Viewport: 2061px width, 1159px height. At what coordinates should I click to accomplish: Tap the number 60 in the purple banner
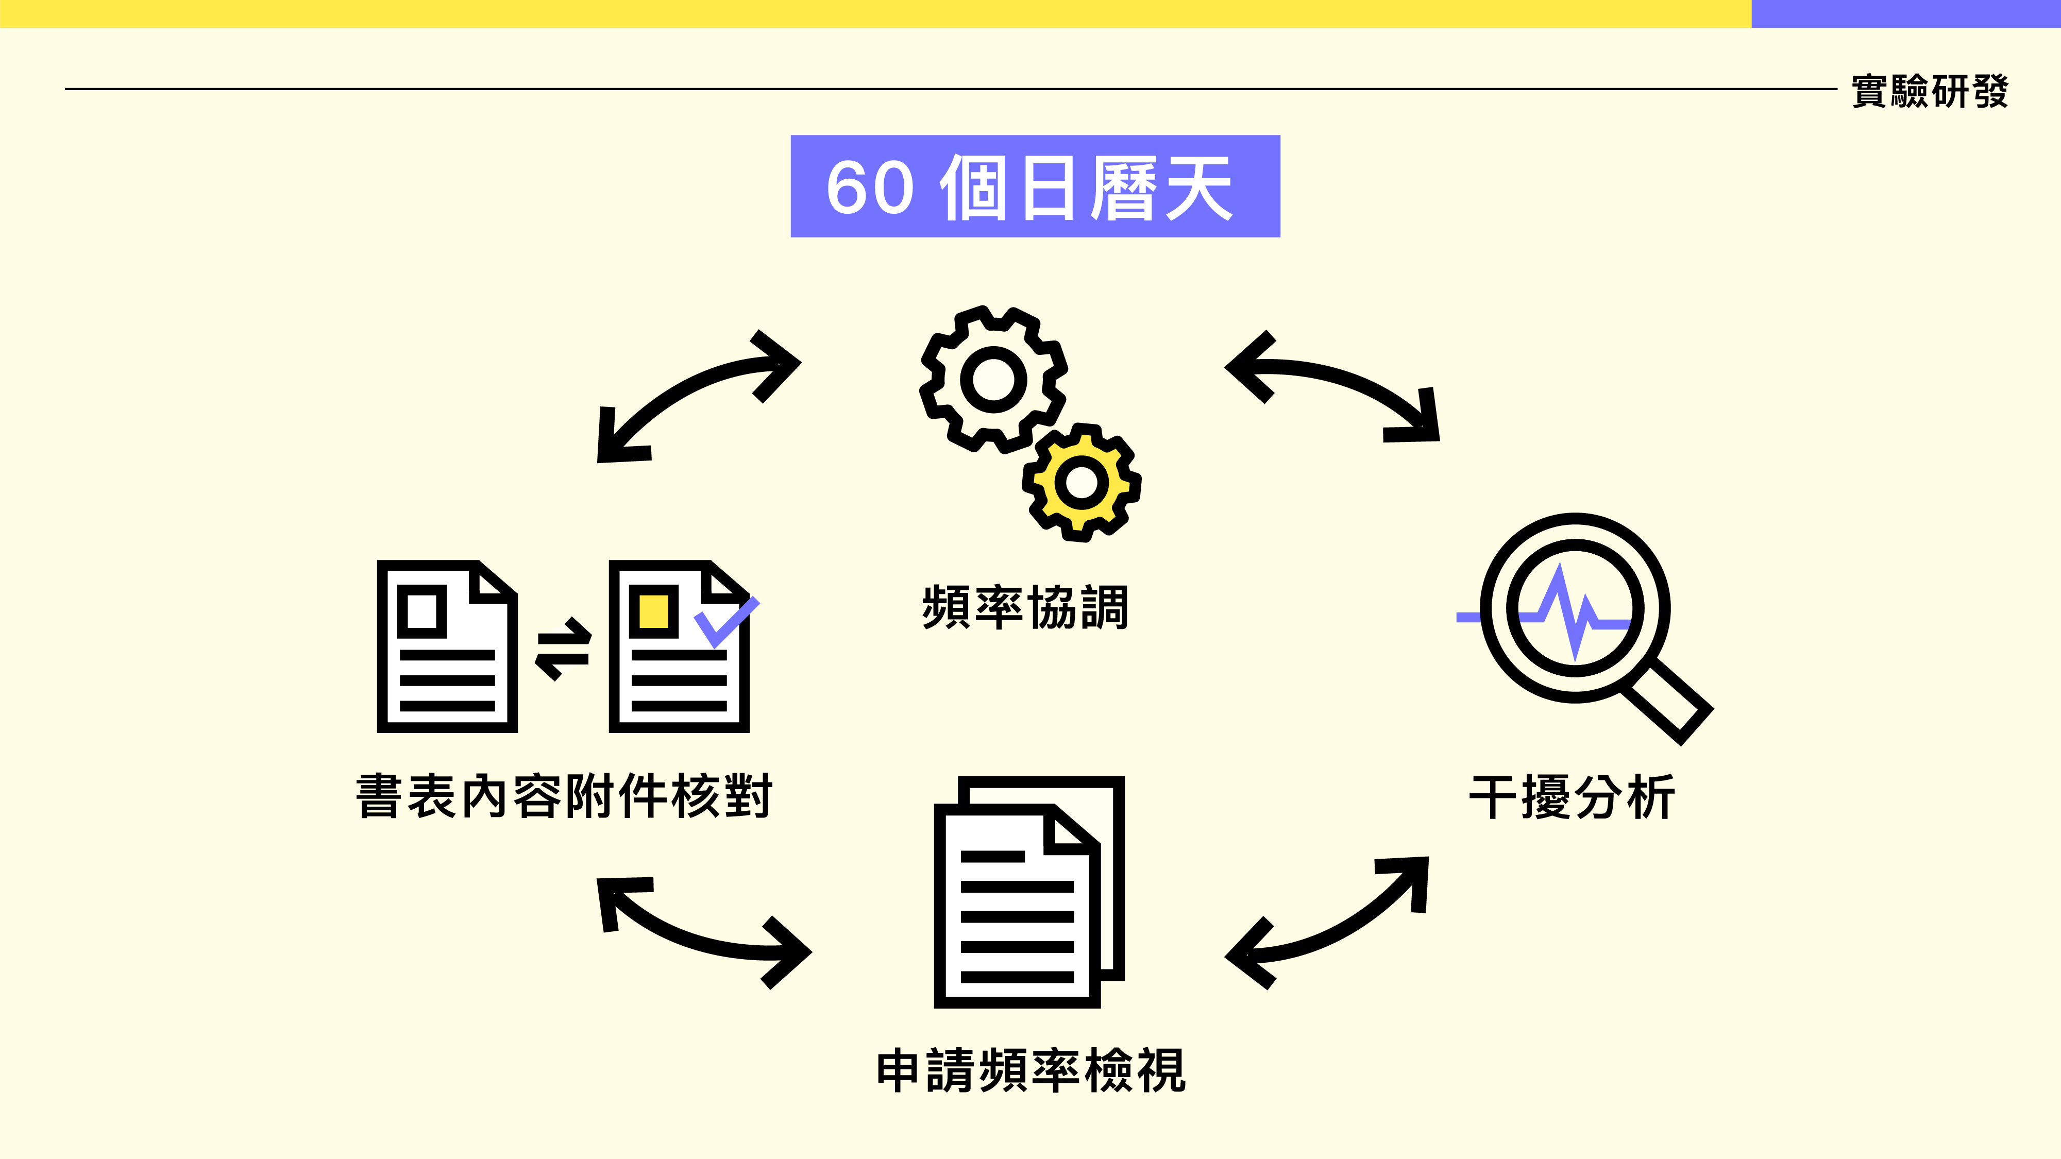pyautogui.click(x=870, y=188)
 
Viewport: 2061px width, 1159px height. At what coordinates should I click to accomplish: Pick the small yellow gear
pyautogui.click(x=1082, y=482)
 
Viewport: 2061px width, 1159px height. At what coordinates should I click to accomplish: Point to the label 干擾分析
pyautogui.click(x=1572, y=797)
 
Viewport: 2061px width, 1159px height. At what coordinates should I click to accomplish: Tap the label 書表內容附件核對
pyautogui.click(x=564, y=796)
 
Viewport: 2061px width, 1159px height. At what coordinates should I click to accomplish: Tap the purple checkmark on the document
pyautogui.click(x=725, y=621)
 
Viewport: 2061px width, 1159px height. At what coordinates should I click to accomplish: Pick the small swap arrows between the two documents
pyautogui.click(x=563, y=649)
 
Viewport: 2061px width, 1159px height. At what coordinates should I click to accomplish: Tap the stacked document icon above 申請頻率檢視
pyautogui.click(x=1029, y=892)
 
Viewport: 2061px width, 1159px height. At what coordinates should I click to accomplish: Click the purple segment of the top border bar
pyautogui.click(x=1905, y=13)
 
